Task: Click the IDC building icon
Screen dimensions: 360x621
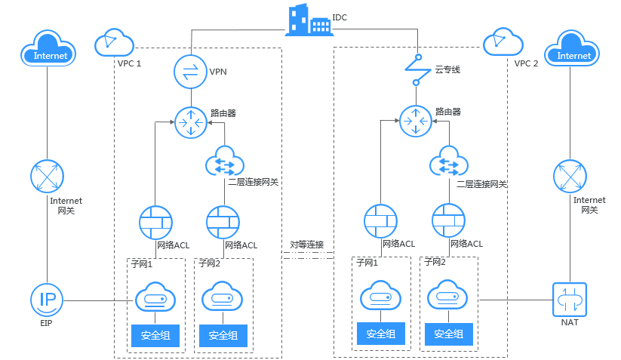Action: coord(309,20)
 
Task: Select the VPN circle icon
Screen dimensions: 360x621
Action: coord(189,72)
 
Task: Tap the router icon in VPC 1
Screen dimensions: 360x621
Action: coord(189,122)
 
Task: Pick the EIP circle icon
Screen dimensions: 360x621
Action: coord(48,300)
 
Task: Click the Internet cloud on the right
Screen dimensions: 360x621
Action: coord(574,48)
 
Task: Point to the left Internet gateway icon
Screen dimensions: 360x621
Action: coord(48,175)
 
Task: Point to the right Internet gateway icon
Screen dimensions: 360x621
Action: coord(570,175)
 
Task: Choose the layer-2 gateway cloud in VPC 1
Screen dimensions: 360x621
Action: coord(225,161)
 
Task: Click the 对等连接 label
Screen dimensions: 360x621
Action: coord(307,245)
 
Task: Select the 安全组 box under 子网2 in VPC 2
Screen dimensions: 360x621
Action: coord(450,334)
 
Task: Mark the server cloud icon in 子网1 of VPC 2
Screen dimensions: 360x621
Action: coord(381,297)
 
